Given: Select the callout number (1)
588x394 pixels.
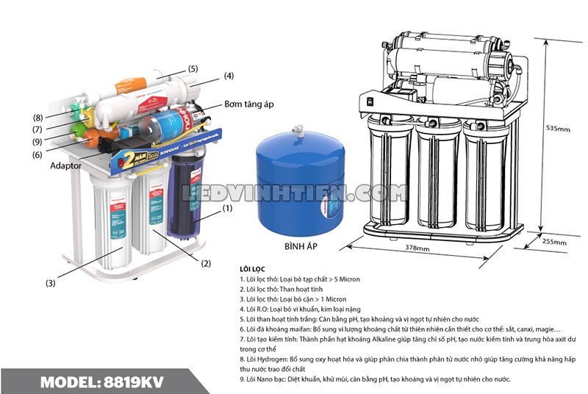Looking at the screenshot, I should (x=227, y=208).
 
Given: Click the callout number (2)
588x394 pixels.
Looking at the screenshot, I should (x=206, y=263).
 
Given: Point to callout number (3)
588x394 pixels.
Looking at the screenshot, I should (x=50, y=283).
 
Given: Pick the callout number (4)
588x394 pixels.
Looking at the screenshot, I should (x=229, y=76).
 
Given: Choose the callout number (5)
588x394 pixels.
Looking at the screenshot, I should (x=193, y=68).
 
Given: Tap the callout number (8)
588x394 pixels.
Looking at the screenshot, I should (x=37, y=118).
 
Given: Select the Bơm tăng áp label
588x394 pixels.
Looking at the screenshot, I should (x=248, y=105).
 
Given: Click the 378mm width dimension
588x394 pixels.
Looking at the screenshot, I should (x=417, y=248).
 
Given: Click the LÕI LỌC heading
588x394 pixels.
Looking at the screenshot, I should (x=254, y=269).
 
